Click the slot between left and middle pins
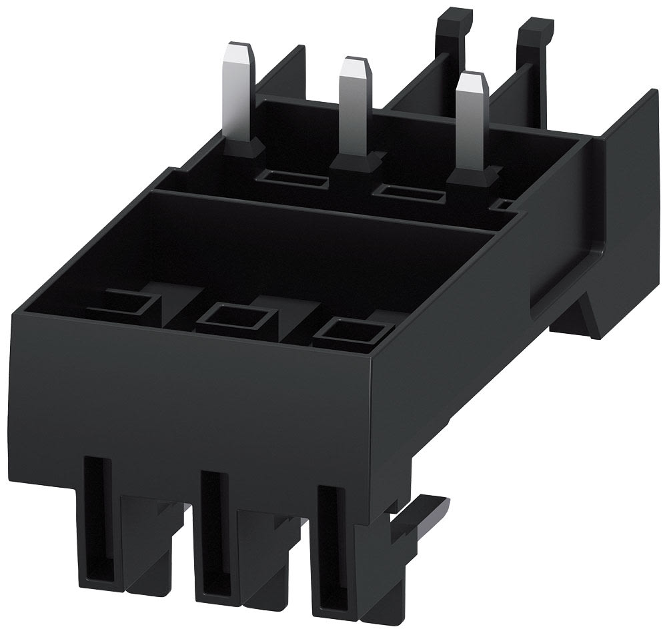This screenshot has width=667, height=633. (x=294, y=179)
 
